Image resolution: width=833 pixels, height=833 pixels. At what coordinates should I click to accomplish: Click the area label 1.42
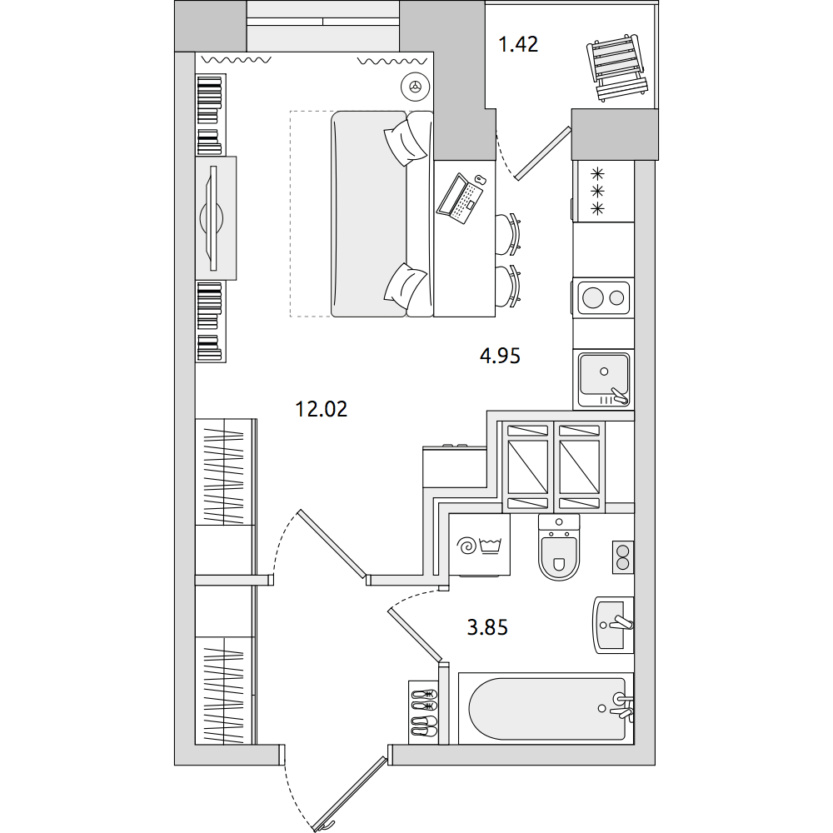pos(518,44)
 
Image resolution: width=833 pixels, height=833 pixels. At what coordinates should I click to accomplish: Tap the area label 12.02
pos(321,409)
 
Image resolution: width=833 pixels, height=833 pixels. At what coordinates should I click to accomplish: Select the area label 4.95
pos(500,356)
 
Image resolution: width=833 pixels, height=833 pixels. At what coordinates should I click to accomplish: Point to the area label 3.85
pos(487,627)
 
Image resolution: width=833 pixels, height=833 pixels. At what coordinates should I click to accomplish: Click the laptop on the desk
pos(460,197)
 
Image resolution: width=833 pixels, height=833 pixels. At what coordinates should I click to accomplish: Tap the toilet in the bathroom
pos(558,547)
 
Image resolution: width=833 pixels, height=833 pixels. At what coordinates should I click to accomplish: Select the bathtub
pos(546,708)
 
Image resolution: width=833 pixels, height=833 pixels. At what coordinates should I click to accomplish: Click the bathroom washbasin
pos(614,625)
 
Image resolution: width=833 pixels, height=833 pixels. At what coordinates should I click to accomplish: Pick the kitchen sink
pos(604,379)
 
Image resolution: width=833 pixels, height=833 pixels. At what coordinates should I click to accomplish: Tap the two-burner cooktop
pos(603,297)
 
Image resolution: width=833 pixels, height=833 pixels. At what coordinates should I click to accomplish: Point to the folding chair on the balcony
pos(617,67)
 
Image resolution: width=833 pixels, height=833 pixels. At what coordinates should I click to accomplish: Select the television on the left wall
pos(213,218)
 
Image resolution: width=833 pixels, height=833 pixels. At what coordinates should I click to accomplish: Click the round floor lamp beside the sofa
pos(415,86)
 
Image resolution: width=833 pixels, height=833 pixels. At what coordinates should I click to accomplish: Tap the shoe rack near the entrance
pos(423,712)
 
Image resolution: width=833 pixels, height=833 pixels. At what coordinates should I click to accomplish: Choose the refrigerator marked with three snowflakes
pos(603,191)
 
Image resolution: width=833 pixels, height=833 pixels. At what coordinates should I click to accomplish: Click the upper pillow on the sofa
pos(406,142)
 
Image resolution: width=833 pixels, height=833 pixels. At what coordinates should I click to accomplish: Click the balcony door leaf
pos(542,153)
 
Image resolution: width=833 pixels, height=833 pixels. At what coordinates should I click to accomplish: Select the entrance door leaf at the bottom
pos(350,793)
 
